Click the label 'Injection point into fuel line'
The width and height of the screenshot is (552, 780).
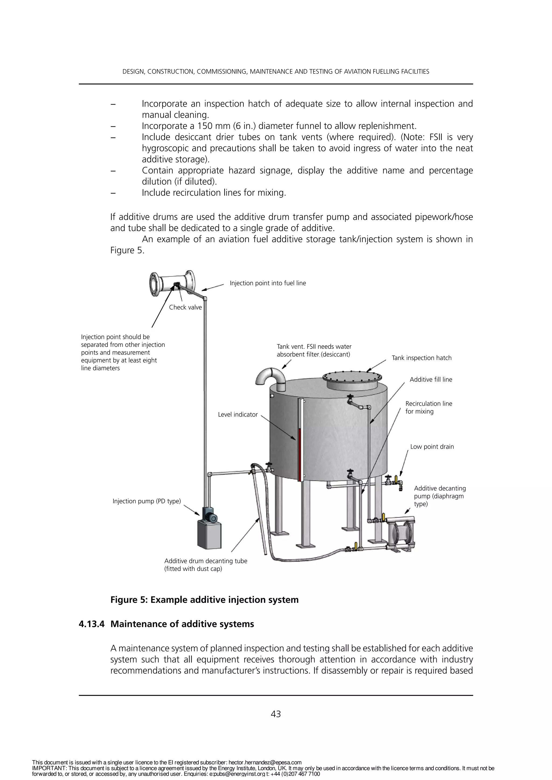tap(268, 283)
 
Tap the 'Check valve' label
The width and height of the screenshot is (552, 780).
tap(185, 307)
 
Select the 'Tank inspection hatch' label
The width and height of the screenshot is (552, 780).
tap(422, 358)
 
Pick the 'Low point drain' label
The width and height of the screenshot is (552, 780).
tap(432, 447)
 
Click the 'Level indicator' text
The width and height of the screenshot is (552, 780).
tap(237, 415)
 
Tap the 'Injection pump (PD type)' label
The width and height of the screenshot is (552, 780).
tap(147, 501)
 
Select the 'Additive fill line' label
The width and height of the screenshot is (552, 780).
tap(431, 379)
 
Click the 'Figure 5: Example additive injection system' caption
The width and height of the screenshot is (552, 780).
tap(204, 600)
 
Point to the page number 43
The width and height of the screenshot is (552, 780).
tap(276, 714)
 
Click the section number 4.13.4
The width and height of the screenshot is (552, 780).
tap(91, 624)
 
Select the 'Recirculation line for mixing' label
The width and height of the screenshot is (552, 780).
tap(428, 407)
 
